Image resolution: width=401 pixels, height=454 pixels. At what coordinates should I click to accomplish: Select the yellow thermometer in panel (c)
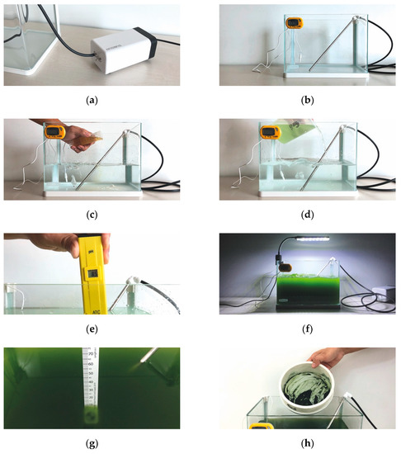tap(55, 131)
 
